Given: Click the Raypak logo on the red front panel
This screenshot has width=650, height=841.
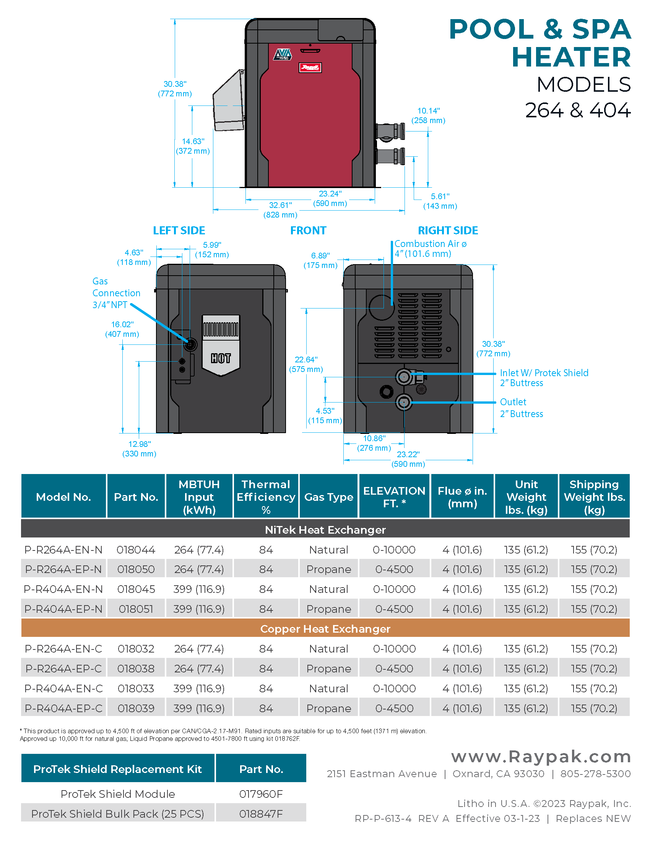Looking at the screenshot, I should coord(310,68).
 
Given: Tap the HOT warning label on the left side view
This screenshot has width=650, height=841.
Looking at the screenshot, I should coord(221,358).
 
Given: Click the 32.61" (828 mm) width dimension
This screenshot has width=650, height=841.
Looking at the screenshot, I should coord(280,210).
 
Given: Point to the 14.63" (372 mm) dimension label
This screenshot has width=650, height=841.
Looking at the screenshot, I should coord(193,146).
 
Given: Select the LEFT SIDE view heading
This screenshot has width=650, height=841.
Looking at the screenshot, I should coord(179,231).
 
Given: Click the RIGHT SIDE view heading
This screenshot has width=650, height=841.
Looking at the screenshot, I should coord(448,231).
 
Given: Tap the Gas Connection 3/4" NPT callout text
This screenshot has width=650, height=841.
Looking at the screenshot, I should coord(116,293).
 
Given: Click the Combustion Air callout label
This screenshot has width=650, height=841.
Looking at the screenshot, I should coord(430,249).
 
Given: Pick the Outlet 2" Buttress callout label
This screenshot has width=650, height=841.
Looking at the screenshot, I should coord(521,408).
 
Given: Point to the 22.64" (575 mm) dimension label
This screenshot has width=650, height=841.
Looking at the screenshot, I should coord(306,364).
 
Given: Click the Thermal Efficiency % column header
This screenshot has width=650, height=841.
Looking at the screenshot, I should coord(266,497).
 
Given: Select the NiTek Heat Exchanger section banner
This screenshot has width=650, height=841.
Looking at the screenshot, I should coord(325,530).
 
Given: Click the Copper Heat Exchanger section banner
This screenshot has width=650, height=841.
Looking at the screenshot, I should coord(325,629).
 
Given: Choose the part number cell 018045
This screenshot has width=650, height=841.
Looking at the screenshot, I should coord(136,589).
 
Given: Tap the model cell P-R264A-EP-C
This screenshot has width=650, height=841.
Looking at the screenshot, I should coord(63,669).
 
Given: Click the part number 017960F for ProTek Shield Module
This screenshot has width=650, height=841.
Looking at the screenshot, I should coord(261,794).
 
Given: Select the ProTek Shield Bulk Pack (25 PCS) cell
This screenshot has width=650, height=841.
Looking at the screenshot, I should coord(117,813).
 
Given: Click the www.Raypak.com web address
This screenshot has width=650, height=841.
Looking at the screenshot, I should coord(541,757).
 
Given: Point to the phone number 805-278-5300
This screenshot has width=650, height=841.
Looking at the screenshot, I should coord(595,774).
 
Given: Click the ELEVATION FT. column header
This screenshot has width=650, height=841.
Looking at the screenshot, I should coord(394,497).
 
